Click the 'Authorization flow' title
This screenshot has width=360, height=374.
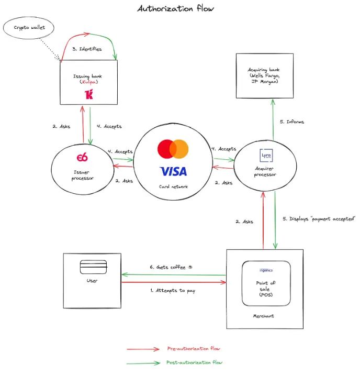tap(176, 8)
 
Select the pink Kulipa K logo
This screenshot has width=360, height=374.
tap(89, 94)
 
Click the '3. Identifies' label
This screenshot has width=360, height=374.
tap(87, 49)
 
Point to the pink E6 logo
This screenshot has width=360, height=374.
tap(82, 158)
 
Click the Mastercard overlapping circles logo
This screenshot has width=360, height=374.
tap(173, 149)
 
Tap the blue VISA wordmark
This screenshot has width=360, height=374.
tap(173, 171)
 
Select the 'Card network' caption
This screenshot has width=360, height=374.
tap(173, 186)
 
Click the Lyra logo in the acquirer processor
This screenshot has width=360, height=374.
tap(266, 156)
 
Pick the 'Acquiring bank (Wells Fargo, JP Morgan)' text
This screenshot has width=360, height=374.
tap(264, 75)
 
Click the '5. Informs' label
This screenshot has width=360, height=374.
tap(292, 122)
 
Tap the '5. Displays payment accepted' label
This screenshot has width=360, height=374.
tap(319, 219)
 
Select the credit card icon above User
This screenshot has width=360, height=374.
tap(93, 267)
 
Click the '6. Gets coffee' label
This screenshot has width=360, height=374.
tap(171, 267)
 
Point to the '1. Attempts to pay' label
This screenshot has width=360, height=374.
tap(173, 291)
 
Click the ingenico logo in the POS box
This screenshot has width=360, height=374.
tap(266, 270)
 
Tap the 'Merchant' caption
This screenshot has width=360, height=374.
tap(264, 316)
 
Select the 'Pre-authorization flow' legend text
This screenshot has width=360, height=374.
tap(194, 348)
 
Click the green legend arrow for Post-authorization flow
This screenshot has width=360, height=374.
tap(143, 364)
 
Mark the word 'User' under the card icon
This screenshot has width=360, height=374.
tap(92, 281)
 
